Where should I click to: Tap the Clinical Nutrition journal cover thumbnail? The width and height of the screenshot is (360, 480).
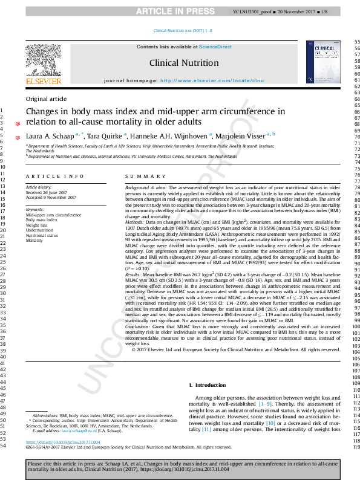[x=322, y=62]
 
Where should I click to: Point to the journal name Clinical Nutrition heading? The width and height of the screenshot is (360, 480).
[x=183, y=63]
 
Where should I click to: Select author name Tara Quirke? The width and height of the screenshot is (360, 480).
[x=105, y=137]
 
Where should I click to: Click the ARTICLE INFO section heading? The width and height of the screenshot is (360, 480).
[x=54, y=176]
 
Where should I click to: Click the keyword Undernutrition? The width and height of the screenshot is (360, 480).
[x=39, y=230]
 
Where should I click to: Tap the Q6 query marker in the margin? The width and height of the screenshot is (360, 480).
[x=17, y=123]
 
